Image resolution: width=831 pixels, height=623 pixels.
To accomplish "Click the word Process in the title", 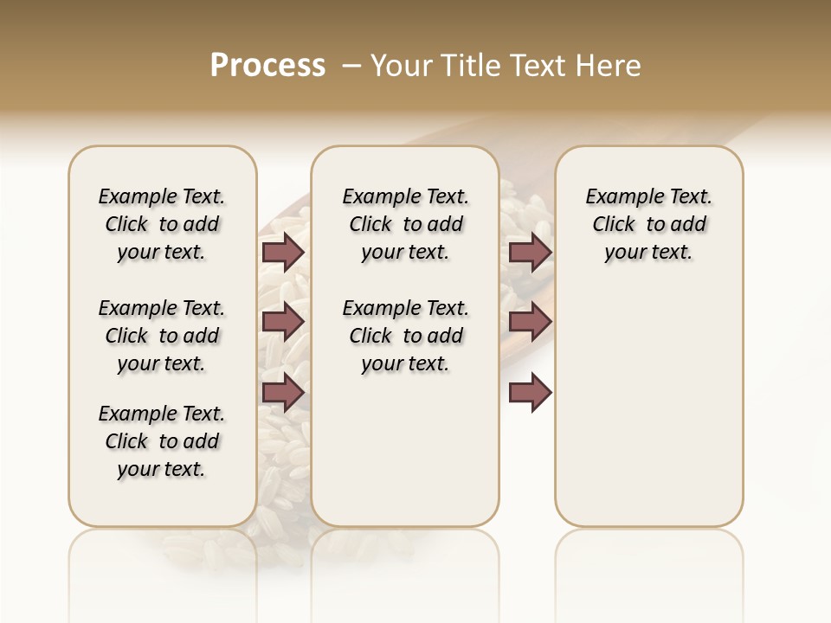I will (x=267, y=66).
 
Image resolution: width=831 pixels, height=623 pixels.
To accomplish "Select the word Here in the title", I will (x=610, y=66).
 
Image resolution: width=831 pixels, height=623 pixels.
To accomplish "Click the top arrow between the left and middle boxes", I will (x=283, y=252).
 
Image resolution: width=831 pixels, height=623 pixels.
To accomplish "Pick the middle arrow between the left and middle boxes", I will (x=283, y=322).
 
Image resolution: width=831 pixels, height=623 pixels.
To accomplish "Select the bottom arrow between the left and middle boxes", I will (x=283, y=392).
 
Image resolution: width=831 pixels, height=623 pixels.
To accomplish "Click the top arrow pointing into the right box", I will (x=530, y=252).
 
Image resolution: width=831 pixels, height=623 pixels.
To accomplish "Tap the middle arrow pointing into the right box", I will (x=530, y=322).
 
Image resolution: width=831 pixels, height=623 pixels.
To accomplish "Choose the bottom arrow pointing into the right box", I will (x=530, y=392).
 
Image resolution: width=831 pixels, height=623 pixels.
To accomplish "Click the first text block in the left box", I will (x=162, y=224).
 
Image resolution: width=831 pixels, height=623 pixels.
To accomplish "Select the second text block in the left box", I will (x=162, y=336).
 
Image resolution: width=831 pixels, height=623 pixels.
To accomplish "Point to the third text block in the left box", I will (x=162, y=441).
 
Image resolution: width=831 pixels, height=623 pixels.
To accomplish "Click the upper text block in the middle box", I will (x=405, y=224).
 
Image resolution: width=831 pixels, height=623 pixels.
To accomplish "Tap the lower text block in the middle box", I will (x=405, y=336).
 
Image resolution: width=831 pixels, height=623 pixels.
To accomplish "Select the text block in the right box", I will (x=648, y=224).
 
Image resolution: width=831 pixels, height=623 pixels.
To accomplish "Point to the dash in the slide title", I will (x=351, y=66).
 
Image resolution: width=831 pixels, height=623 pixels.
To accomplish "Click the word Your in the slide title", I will (x=402, y=66).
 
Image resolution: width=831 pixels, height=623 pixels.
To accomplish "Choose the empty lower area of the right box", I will (x=648, y=415).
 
